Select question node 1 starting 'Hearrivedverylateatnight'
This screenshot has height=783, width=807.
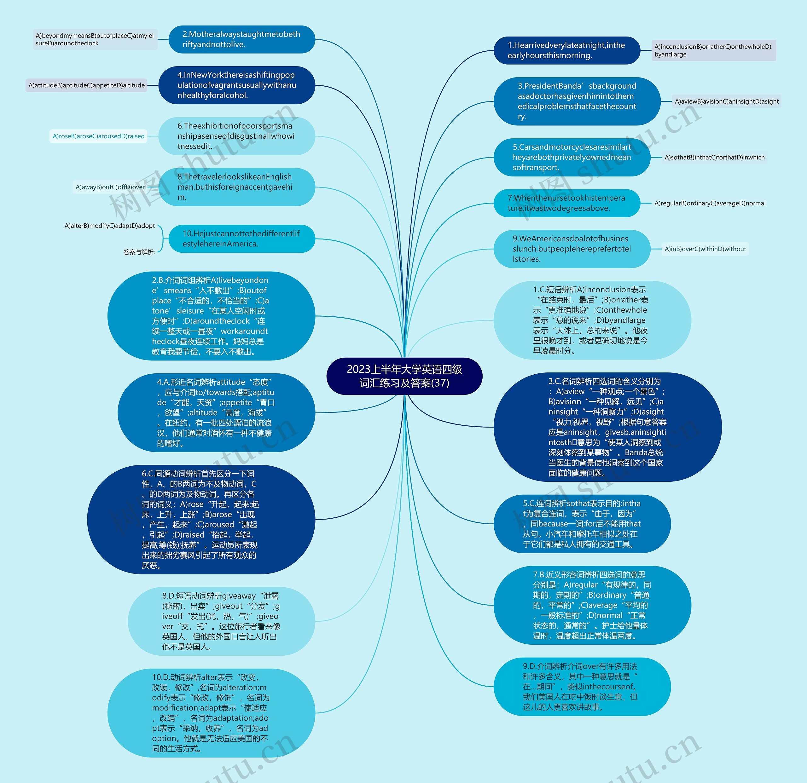click(566, 50)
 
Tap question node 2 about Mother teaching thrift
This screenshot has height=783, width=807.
click(242, 39)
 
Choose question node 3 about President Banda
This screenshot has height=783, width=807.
click(577, 101)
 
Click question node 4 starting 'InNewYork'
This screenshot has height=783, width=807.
click(236, 85)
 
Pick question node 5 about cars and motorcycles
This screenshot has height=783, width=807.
click(572, 157)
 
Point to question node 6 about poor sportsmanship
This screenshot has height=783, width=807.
click(236, 136)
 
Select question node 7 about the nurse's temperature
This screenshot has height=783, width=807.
click(566, 203)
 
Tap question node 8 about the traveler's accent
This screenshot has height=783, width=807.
click(236, 187)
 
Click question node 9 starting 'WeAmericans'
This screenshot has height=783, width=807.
click(572, 249)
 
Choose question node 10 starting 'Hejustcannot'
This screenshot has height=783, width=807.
click(242, 239)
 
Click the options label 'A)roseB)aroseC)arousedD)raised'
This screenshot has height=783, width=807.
click(98, 136)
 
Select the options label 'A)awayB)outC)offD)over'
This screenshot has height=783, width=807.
click(110, 187)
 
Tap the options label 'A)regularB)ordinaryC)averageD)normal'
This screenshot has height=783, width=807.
click(710, 203)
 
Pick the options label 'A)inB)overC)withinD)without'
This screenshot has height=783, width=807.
click(705, 249)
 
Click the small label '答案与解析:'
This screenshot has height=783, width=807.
click(139, 252)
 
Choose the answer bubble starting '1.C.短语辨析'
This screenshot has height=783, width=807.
click(592, 320)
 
